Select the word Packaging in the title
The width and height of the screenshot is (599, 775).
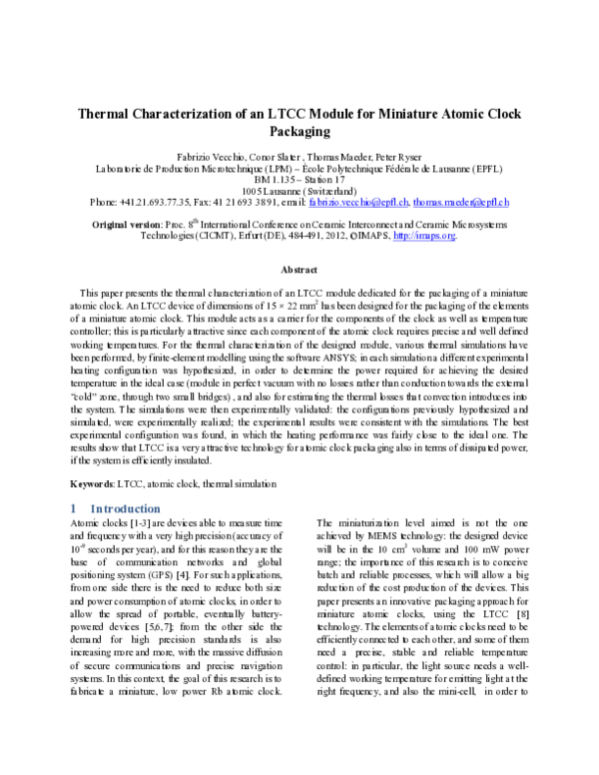click(x=299, y=131)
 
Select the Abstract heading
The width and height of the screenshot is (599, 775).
click(x=299, y=270)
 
